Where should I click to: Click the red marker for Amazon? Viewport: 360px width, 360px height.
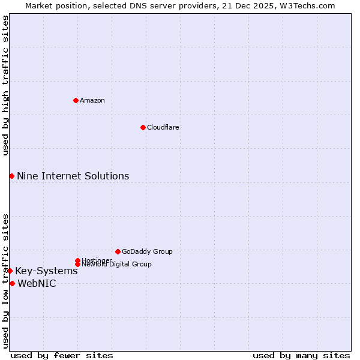(76, 100)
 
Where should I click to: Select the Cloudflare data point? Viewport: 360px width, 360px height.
(143, 127)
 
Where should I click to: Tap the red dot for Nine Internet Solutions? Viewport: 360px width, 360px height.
(11, 176)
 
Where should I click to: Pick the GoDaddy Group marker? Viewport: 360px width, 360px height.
(118, 251)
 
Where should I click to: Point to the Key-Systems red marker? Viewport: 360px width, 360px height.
(10, 271)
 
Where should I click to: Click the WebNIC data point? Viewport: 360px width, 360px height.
(12, 283)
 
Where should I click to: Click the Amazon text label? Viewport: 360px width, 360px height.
(92, 101)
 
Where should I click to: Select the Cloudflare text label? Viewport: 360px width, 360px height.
(163, 128)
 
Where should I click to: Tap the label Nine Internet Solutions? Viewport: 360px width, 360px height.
(73, 176)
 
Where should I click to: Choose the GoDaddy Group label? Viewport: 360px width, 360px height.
(147, 252)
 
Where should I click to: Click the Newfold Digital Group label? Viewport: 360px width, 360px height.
(117, 265)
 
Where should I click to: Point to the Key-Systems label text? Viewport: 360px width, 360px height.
(46, 271)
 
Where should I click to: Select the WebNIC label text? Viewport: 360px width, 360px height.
(37, 283)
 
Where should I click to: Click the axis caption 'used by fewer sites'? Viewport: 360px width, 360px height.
(62, 355)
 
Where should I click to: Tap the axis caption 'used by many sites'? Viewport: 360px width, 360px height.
(301, 355)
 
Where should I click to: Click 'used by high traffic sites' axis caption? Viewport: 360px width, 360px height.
(6, 85)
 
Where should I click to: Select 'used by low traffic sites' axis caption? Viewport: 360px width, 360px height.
(6, 280)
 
